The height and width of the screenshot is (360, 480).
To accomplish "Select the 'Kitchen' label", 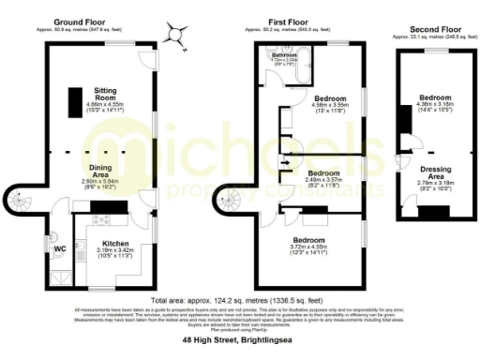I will click(115, 244).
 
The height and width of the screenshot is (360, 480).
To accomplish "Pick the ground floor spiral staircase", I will click(20, 201).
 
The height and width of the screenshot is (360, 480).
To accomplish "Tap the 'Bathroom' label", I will click(284, 56).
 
